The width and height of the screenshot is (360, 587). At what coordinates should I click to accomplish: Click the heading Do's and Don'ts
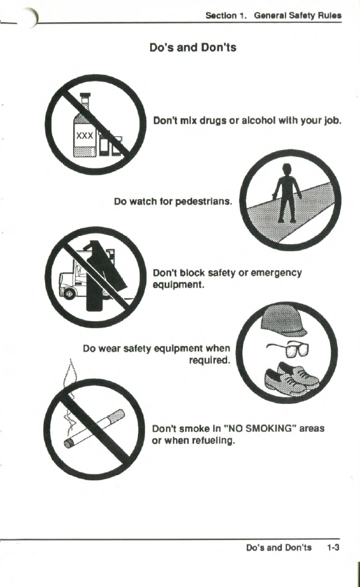pyautogui.click(x=193, y=48)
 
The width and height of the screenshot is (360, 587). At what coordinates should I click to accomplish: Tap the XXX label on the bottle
pyautogui.click(x=85, y=135)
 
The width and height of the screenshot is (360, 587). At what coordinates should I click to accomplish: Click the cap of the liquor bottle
pyautogui.click(x=86, y=96)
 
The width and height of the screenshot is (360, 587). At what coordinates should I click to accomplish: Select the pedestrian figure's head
pyautogui.click(x=287, y=168)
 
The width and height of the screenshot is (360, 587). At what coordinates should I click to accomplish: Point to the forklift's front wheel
pyautogui.click(x=69, y=294)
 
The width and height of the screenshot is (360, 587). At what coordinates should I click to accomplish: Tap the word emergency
pyautogui.click(x=276, y=273)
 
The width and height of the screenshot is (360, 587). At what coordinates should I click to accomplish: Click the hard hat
pyautogui.click(x=284, y=320)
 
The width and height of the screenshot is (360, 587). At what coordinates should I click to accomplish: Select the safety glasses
pyautogui.click(x=289, y=349)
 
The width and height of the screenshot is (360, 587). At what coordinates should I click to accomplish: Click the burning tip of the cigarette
pyautogui.click(x=69, y=444)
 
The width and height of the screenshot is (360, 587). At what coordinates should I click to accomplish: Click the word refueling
pyautogui.click(x=213, y=441)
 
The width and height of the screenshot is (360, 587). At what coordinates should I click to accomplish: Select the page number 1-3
pyautogui.click(x=333, y=548)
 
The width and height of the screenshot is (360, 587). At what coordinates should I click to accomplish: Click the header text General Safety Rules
pyautogui.click(x=298, y=16)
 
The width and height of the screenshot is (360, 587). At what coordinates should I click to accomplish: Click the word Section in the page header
pyautogui.click(x=221, y=16)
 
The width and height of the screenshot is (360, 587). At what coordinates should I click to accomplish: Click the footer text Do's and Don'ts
pyautogui.click(x=279, y=548)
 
